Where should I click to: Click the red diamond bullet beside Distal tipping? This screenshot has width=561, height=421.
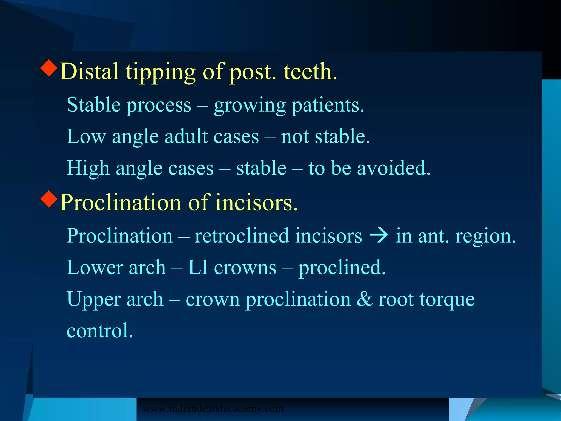pos(49,68)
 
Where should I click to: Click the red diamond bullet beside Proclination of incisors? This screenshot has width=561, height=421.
pos(49,199)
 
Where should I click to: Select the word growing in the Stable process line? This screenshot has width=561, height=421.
pos(250,106)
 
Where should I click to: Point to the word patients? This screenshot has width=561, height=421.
pos(328,106)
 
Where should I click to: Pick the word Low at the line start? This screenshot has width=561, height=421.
pos(86,136)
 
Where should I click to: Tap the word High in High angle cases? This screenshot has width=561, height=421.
pos(88,168)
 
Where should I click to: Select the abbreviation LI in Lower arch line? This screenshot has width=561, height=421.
pos(198,267)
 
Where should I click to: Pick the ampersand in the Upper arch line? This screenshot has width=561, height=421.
pos(365,299)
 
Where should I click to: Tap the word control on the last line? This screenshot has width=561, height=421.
pos(100,331)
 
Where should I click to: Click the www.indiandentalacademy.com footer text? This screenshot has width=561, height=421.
pos(213,408)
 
